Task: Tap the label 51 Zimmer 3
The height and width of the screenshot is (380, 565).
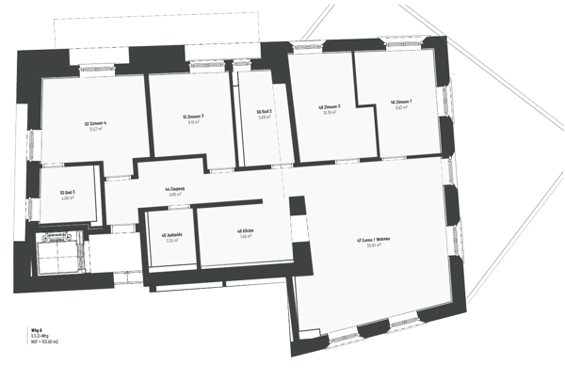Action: [192, 117]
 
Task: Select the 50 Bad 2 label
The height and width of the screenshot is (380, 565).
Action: [264, 111]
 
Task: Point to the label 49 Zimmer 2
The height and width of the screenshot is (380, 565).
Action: [330, 106]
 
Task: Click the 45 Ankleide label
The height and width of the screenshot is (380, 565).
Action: [171, 234]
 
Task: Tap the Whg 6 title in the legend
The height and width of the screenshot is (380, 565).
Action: [36, 330]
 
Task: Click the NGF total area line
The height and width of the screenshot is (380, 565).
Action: [43, 342]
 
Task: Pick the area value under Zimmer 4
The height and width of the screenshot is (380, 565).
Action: [95, 130]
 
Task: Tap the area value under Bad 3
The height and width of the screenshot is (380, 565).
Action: [67, 198]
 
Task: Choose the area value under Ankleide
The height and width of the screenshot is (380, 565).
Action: [171, 241]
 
